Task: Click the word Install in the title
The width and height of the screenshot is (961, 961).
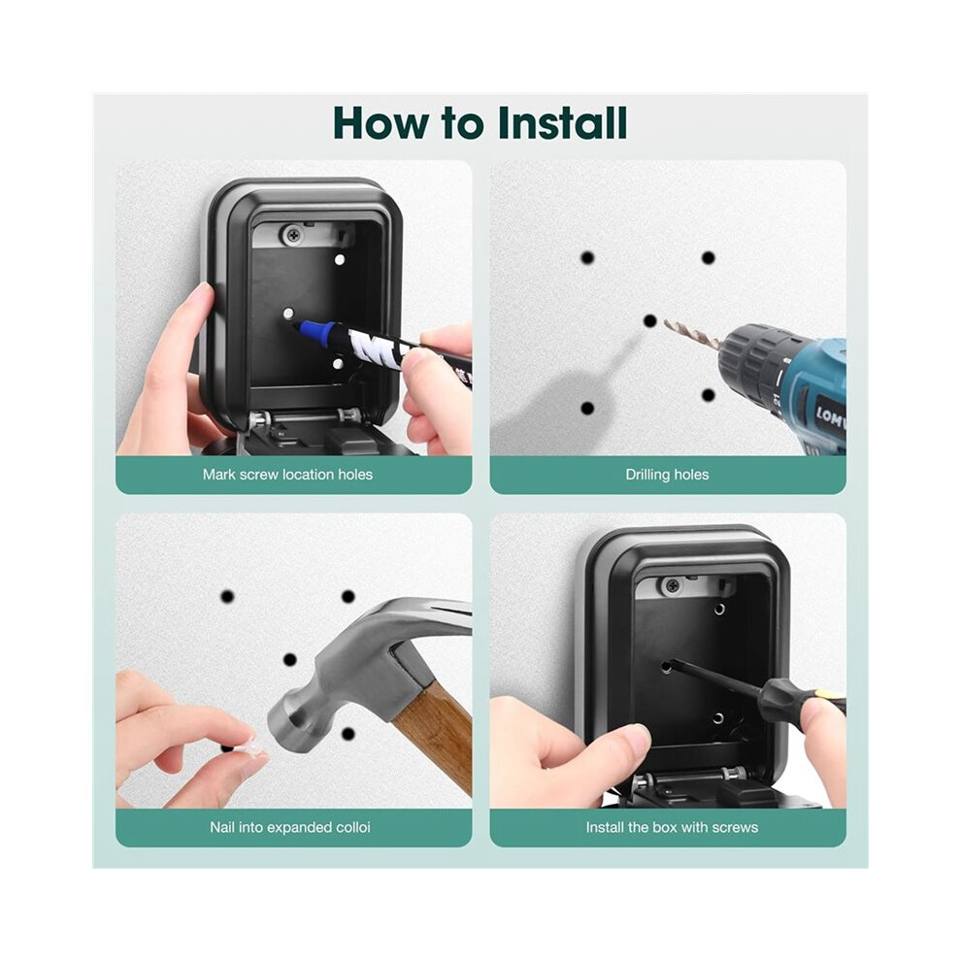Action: click(x=562, y=123)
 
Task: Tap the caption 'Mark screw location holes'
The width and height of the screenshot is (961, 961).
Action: click(x=287, y=475)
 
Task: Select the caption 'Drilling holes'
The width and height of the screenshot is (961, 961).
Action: click(x=667, y=475)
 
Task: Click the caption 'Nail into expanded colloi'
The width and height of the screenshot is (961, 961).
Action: click(x=290, y=827)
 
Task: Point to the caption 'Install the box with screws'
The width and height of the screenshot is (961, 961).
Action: click(x=672, y=827)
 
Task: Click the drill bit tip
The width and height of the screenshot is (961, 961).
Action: click(x=666, y=321)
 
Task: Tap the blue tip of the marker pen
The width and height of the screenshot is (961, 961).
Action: click(x=301, y=326)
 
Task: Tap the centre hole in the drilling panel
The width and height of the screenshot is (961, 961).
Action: click(x=650, y=320)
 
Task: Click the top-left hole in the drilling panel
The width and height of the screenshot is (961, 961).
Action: click(x=587, y=257)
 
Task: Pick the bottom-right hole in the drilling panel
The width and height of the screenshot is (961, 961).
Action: click(x=709, y=395)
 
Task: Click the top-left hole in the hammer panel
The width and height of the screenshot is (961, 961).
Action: click(x=227, y=596)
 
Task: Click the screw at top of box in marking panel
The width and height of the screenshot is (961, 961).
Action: click(x=293, y=233)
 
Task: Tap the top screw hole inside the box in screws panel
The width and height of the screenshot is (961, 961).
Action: click(x=719, y=610)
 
